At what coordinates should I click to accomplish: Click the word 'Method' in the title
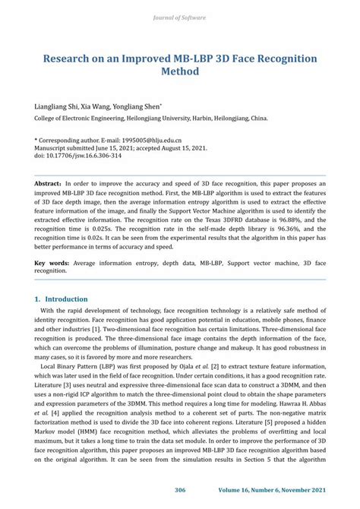click(x=180, y=72)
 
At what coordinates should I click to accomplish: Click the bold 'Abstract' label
click(x=47, y=184)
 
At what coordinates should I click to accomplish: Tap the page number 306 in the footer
click(x=180, y=490)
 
